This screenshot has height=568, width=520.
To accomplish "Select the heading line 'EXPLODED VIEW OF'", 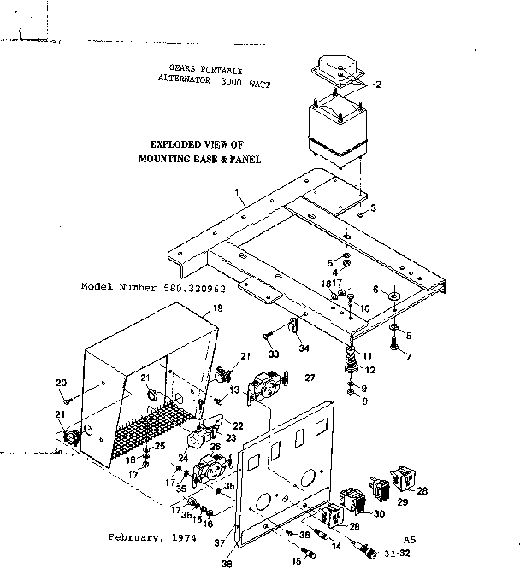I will click(x=198, y=146).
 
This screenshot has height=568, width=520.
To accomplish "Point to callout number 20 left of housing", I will click(x=61, y=382).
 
